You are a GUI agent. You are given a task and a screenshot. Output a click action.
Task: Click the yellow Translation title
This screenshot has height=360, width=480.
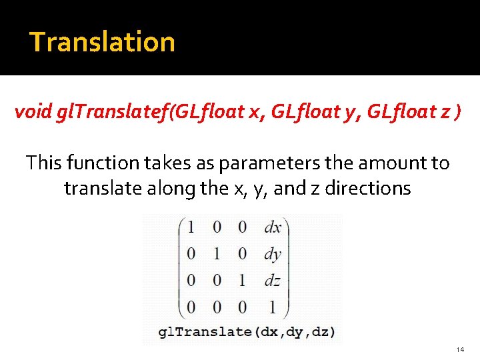click(x=102, y=41)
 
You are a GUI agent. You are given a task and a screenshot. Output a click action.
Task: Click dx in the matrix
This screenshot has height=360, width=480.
click(x=273, y=227)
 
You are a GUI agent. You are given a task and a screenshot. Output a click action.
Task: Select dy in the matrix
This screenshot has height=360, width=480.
click(x=273, y=254)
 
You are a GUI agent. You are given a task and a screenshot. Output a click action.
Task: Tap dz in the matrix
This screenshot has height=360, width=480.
click(x=273, y=280)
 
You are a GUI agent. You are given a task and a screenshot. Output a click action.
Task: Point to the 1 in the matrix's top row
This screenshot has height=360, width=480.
click(x=191, y=227)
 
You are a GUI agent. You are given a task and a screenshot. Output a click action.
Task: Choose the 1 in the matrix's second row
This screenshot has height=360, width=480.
click(x=217, y=254)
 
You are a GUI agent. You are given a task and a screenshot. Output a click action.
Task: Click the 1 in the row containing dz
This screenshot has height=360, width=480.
click(x=243, y=280)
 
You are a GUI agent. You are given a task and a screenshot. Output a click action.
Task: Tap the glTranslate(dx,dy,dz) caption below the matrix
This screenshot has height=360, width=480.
click(x=247, y=331)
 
